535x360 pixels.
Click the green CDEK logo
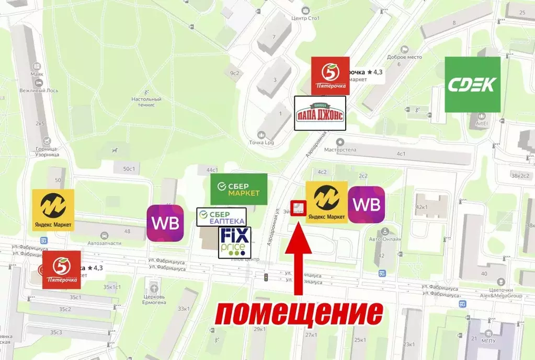(472, 85)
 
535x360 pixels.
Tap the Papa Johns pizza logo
(320, 113)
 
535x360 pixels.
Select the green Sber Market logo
(238, 189)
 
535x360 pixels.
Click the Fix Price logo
(235, 242)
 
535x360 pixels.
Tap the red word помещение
(299, 314)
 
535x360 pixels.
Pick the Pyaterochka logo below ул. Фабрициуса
(62, 270)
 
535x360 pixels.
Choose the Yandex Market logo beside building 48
(53, 210)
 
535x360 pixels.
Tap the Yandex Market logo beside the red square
(326, 202)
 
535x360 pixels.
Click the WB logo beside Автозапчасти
(165, 223)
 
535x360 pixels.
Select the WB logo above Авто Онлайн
(366, 205)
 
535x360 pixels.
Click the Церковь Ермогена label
(154, 303)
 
